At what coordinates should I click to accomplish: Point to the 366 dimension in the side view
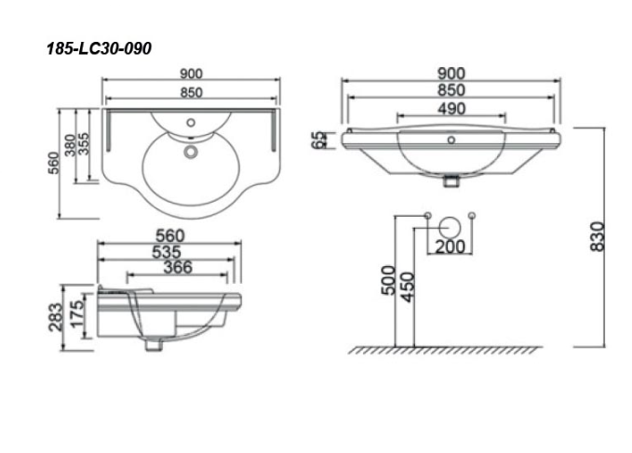pos(177,268)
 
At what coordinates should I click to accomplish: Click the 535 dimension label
pos(169,252)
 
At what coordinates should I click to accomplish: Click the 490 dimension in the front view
pos(452,109)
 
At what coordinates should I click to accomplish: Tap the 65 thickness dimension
pos(320,140)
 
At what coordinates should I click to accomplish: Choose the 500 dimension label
pos(388,279)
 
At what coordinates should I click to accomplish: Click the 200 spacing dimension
pos(450,246)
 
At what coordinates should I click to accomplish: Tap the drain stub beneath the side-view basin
pos(151,345)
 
